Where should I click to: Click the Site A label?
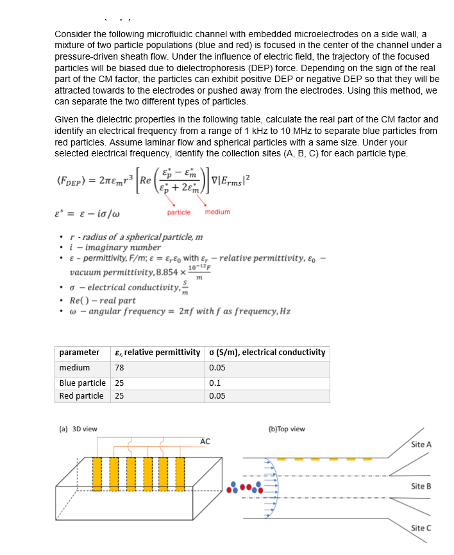pos(421,444)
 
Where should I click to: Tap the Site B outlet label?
pos(421,486)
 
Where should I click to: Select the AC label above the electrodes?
pos(205,442)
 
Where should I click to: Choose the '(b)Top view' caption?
pos(287,429)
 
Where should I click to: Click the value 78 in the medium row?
pos(119,368)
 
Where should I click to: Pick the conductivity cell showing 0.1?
pos(215,382)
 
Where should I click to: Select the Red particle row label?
pos(81,396)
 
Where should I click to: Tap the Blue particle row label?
pos(82,382)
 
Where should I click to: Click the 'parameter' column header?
pos(79,352)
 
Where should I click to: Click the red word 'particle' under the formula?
pos(178,212)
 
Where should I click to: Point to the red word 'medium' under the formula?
pos(217,212)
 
